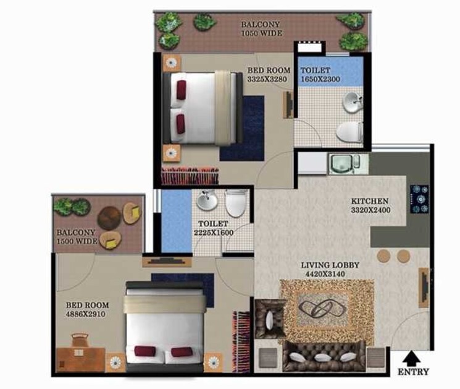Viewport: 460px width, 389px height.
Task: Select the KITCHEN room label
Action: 370,201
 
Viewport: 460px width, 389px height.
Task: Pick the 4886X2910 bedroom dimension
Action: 88,314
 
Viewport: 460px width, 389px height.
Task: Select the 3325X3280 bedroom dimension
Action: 269,80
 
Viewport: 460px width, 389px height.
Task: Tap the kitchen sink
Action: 340,163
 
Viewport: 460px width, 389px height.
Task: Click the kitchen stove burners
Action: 420,198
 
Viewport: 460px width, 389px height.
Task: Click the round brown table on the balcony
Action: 109,217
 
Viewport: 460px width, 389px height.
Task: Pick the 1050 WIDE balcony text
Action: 261,33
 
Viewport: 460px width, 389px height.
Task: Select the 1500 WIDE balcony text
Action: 77,241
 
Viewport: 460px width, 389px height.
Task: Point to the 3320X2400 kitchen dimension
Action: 370,210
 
